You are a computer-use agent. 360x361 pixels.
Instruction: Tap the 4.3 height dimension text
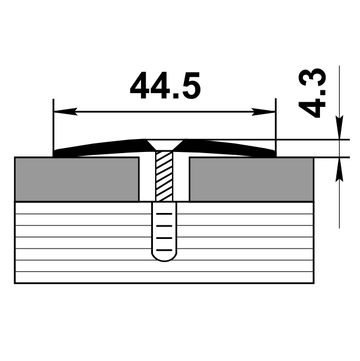click(314, 93)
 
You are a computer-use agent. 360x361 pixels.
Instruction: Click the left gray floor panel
click(77, 179)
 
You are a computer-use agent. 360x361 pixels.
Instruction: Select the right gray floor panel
click(251, 179)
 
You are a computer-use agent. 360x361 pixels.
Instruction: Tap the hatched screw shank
click(164, 175)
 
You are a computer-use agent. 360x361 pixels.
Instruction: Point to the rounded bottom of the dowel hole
click(164, 257)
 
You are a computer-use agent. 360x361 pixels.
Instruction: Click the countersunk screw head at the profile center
click(164, 145)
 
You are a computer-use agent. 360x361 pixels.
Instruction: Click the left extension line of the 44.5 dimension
click(53, 127)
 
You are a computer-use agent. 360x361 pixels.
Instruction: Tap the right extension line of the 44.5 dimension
click(275, 127)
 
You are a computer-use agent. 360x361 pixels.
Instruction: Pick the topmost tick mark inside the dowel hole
click(164, 214)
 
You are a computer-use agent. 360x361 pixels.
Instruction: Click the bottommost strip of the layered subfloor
click(164, 277)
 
